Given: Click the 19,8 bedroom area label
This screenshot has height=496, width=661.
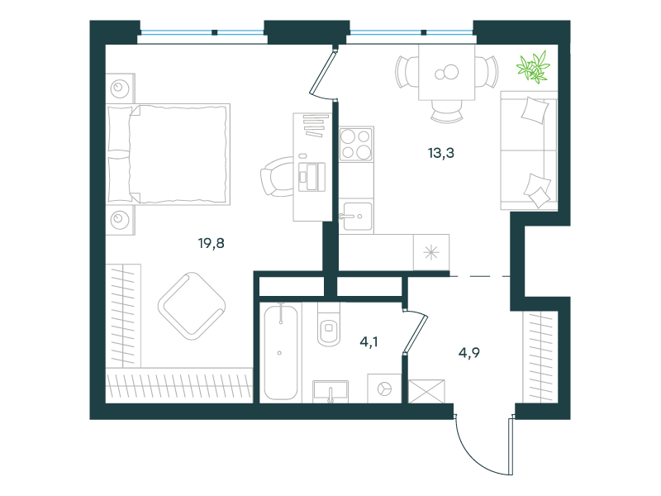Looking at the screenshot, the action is click(x=212, y=243).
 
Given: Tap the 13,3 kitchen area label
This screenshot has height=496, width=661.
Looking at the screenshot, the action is click(x=441, y=153).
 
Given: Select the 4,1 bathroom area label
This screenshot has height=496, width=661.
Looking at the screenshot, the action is click(x=369, y=342).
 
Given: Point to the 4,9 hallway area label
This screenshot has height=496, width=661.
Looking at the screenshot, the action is click(x=468, y=353).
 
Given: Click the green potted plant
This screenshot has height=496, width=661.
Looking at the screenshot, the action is click(x=533, y=67).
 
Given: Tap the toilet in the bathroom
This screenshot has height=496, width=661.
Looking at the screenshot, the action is click(x=328, y=323).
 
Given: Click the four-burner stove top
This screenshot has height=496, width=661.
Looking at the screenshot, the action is click(x=356, y=144).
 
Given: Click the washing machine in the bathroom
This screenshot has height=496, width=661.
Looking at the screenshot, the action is click(x=384, y=388).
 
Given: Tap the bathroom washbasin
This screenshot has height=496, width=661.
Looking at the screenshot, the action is click(x=330, y=392).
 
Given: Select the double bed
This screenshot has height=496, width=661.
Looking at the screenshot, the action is click(x=169, y=155).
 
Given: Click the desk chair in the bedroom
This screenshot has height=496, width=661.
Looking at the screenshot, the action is click(x=277, y=176).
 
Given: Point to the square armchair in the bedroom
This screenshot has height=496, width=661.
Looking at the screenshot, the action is click(x=192, y=306).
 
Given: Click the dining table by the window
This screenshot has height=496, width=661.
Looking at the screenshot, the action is click(x=447, y=72).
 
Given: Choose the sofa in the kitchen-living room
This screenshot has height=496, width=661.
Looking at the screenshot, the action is click(x=529, y=150).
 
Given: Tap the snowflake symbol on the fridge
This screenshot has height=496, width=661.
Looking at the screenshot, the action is click(x=431, y=253).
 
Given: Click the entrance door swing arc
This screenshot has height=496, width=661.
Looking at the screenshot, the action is click(x=477, y=453).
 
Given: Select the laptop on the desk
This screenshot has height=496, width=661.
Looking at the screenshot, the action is click(x=312, y=177).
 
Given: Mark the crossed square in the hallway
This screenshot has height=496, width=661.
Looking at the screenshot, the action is click(x=426, y=391).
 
